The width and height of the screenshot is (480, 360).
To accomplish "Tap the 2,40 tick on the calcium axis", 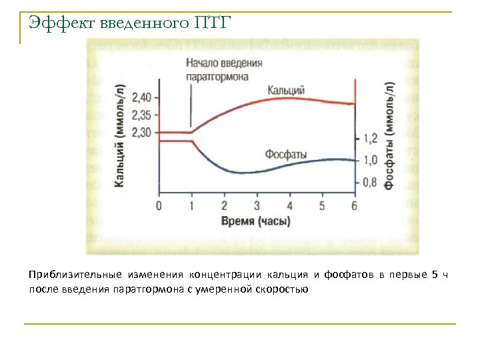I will tap(142, 97).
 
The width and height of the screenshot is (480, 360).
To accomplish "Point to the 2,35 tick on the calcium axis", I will tap(142, 115).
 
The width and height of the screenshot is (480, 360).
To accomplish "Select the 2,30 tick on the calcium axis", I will tap(142, 132).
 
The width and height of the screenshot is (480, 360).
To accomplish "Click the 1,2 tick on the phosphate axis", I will tap(371, 138).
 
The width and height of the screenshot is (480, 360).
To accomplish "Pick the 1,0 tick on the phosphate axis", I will tap(371, 160).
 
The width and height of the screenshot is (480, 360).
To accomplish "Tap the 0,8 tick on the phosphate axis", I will tap(371, 181).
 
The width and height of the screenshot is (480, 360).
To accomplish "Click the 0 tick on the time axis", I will tap(159, 205).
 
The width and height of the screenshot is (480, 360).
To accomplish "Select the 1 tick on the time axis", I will tap(191, 205).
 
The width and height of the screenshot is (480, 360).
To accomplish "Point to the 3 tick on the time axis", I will tap(257, 205).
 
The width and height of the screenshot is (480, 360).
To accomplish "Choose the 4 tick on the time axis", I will tap(289, 205).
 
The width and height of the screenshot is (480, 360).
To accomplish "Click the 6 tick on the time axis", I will tap(354, 205).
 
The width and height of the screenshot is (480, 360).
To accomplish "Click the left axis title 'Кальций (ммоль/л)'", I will tap(120, 135).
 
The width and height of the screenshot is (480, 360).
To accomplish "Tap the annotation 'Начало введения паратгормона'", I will tap(224, 69).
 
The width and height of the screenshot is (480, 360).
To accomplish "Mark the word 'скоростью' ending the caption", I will tap(287, 290).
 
